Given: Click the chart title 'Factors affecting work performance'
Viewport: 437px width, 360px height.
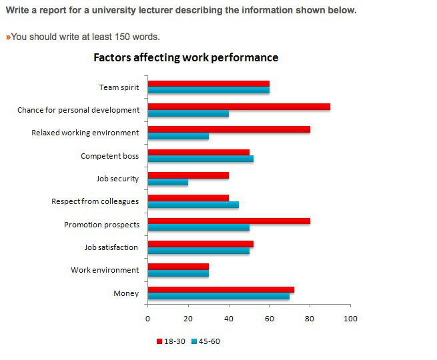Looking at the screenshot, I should pos(185,58).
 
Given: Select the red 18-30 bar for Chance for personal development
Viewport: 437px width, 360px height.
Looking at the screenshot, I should pos(238,107).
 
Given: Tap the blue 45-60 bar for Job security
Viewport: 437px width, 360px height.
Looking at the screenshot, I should pos(167,182).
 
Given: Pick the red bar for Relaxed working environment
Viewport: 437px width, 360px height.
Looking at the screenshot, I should pos(228,129).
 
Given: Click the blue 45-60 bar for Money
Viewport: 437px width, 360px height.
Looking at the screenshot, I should pos(218,296).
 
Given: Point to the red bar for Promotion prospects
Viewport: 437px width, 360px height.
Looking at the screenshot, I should pos(228,221).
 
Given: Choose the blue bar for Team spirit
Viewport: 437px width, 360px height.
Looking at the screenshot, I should pos(208,91).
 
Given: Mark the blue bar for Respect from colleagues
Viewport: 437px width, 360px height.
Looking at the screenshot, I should pos(193,205).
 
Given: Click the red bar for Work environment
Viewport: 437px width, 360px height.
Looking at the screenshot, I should pos(177,266).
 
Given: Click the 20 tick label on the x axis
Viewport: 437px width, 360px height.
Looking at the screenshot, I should pos(187,318).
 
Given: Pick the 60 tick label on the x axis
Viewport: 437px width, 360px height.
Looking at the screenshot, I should pos(269,318).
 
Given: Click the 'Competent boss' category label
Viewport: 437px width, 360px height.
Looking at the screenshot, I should pos(109,156).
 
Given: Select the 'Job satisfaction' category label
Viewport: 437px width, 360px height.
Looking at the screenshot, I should pos(111,247).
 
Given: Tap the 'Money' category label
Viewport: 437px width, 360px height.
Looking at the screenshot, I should pos(127,293).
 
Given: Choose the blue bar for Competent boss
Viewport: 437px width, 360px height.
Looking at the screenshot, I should pos(200,159).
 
